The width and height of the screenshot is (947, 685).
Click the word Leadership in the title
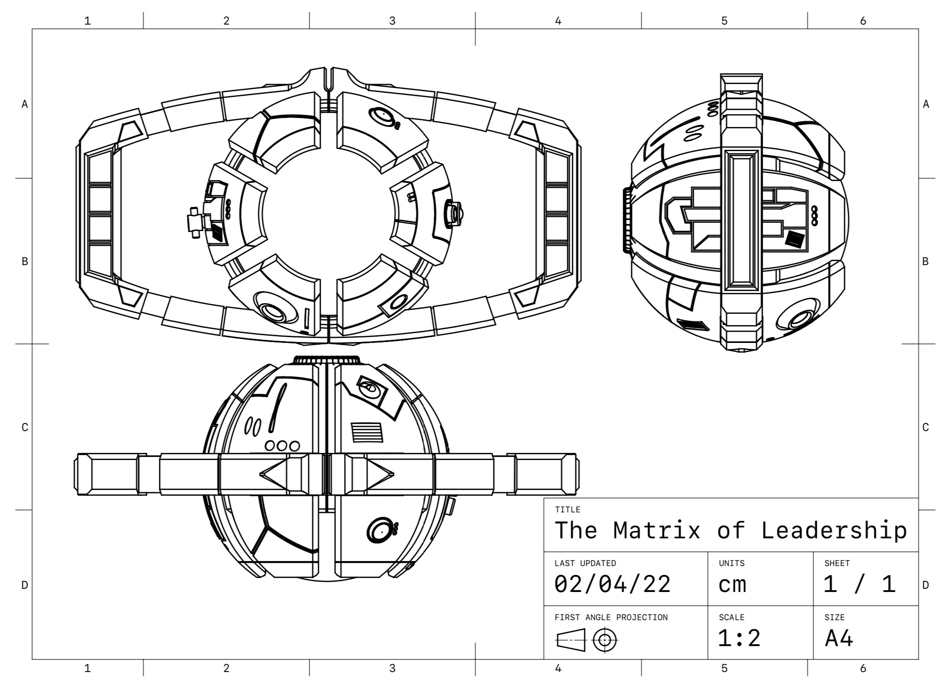(834, 531)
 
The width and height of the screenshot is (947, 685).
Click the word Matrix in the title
(656, 531)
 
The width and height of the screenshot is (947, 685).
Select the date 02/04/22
(612, 584)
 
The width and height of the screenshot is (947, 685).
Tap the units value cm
(732, 584)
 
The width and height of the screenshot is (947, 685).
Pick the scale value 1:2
(739, 638)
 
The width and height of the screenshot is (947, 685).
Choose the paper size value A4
(839, 638)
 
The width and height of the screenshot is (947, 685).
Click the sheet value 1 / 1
(859, 584)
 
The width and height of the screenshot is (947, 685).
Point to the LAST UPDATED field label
(585, 563)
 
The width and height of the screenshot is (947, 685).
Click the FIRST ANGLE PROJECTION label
(611, 617)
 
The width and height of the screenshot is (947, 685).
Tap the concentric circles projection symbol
(605, 640)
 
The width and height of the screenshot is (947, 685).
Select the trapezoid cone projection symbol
(571, 640)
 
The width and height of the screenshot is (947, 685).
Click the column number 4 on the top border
(558, 21)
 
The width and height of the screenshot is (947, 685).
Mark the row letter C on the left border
(25, 427)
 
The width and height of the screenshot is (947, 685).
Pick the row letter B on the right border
(926, 262)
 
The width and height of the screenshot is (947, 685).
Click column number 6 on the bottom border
(863, 668)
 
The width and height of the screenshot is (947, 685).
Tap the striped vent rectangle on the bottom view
(366, 432)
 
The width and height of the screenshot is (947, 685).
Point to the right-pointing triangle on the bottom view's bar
(380, 474)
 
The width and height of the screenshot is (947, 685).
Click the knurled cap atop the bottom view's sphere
(327, 360)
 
